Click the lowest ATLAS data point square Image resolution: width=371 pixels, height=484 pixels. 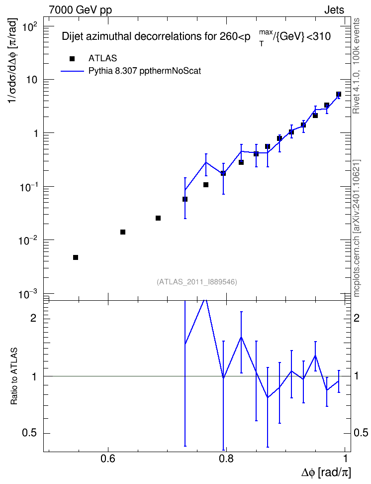pos(76,257)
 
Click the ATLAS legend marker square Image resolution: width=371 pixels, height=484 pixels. pos(72,59)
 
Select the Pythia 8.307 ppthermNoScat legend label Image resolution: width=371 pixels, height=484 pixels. pos(145,71)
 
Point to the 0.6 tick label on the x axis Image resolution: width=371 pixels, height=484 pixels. pos(108,459)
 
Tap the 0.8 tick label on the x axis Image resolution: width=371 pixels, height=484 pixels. pos(226,459)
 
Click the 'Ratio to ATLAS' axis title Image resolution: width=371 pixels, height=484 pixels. pos(14,376)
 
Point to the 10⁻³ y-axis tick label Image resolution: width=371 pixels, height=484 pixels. pos(28,294)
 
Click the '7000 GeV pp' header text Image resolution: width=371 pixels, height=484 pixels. pos(80,10)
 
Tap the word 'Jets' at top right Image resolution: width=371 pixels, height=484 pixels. pos(334,10)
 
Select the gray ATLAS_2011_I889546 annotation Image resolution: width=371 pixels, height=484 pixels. pos(197,282)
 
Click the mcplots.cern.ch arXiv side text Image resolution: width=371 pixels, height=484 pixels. pos(357,229)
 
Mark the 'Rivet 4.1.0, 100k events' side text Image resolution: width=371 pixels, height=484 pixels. pos(356,66)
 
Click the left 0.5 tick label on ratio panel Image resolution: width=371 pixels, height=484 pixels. pos(29,433)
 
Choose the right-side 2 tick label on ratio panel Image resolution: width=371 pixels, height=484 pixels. pos(357,318)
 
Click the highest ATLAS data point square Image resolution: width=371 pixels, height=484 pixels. pos(339,94)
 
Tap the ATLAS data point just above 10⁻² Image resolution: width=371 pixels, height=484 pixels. pos(123,232)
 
